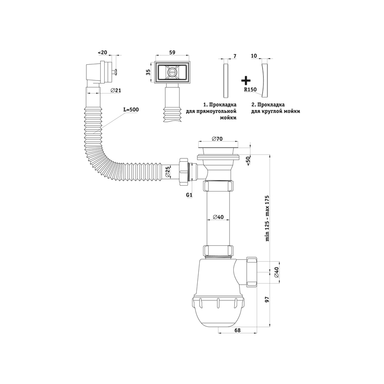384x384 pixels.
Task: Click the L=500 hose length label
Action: click(131, 110)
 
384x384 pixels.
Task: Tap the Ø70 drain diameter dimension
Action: click(216, 139)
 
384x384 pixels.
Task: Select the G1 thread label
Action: click(189, 195)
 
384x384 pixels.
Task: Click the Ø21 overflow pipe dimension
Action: click(116, 90)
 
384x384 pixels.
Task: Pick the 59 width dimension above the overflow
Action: click(172, 52)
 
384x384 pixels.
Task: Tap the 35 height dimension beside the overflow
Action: click(148, 72)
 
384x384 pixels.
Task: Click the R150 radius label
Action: click(250, 90)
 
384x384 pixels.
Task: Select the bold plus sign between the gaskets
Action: click(246, 80)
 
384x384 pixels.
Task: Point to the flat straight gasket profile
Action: click(226, 81)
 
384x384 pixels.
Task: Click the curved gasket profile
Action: click(264, 81)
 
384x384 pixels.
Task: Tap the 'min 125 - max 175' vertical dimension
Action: click(267, 218)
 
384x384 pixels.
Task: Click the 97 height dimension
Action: click(267, 299)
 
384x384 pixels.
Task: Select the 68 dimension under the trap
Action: click(238, 330)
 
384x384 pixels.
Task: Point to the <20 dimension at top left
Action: click(102, 52)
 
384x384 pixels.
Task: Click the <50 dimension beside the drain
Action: click(248, 161)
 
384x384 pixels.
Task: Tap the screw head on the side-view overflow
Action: click(114, 72)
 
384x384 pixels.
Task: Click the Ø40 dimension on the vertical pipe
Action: click(218, 217)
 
